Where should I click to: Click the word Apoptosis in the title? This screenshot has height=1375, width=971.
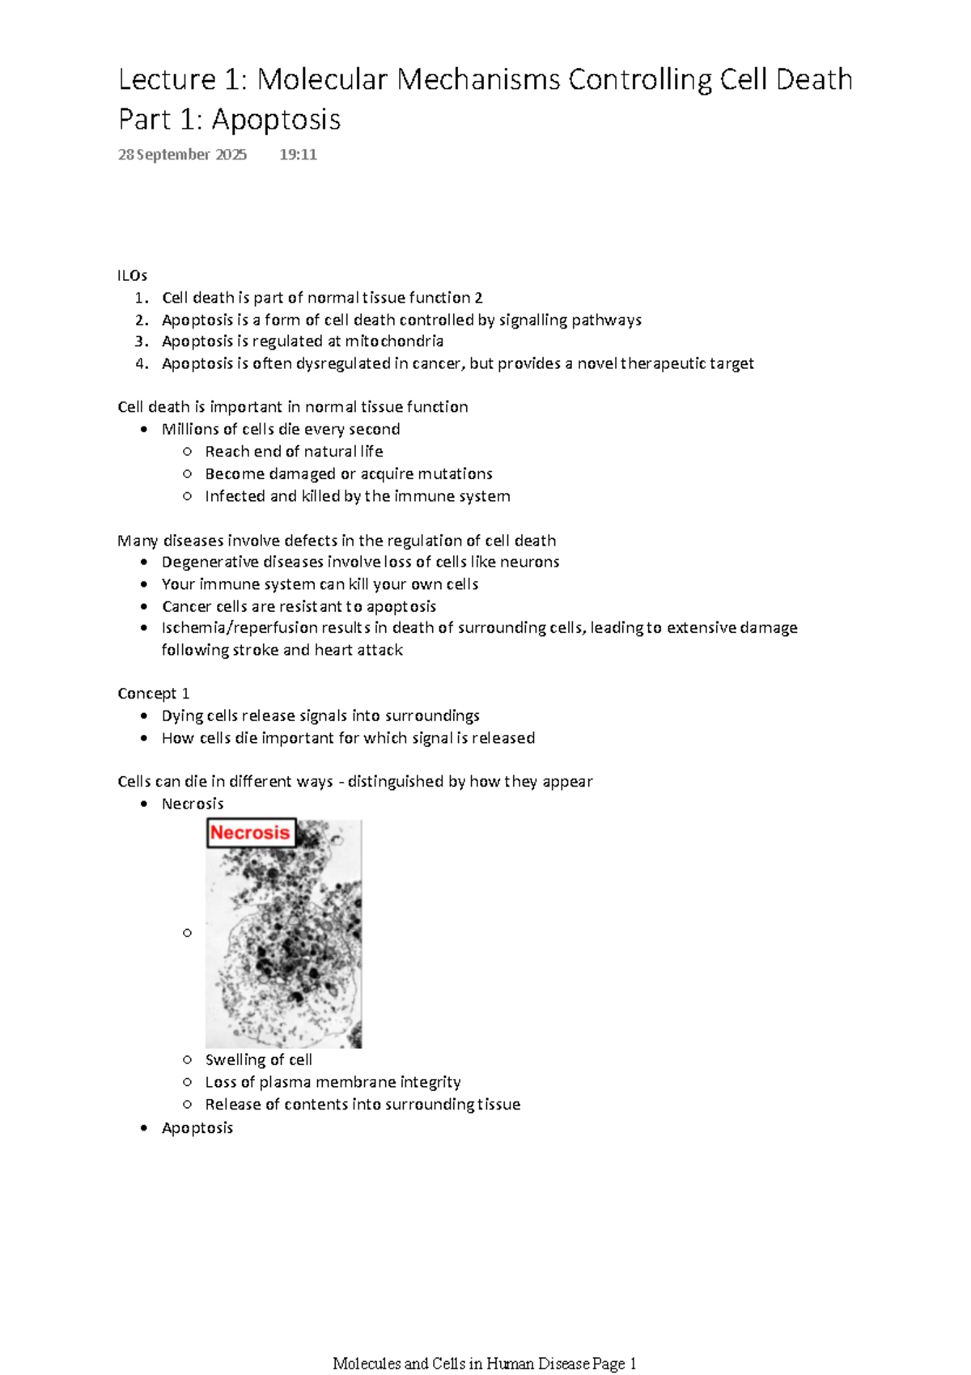point(276,120)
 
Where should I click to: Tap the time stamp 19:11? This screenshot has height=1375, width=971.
point(298,155)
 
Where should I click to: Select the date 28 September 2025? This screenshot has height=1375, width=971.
point(182,155)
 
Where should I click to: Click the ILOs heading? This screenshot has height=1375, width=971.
point(132,275)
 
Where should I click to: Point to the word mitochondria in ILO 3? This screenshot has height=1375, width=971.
point(394,342)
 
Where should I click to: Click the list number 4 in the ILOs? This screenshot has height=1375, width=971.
point(142,363)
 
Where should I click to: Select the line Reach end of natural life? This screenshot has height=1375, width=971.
point(294,452)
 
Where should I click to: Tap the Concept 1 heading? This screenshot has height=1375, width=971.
point(153,694)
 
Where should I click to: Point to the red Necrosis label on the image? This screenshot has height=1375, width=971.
point(250,833)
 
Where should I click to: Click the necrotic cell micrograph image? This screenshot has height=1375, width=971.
point(283,947)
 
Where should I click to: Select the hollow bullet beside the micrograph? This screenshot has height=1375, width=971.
point(187,933)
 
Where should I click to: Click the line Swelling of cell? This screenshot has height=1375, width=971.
point(258,1060)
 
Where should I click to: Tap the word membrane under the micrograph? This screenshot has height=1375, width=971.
point(356,1082)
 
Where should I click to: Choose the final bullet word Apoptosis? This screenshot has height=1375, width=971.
point(197,1128)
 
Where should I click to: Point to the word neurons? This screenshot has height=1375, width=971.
point(529,562)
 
